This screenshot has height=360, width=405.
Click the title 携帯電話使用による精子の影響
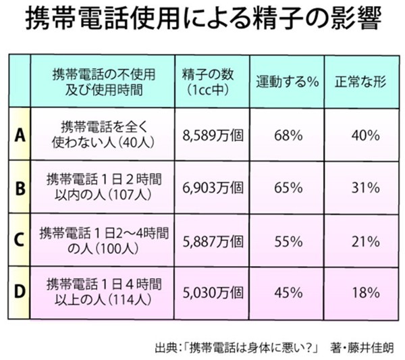[202, 21]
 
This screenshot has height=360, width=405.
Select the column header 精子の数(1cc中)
[211, 80]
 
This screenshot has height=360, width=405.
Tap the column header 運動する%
[286, 80]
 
